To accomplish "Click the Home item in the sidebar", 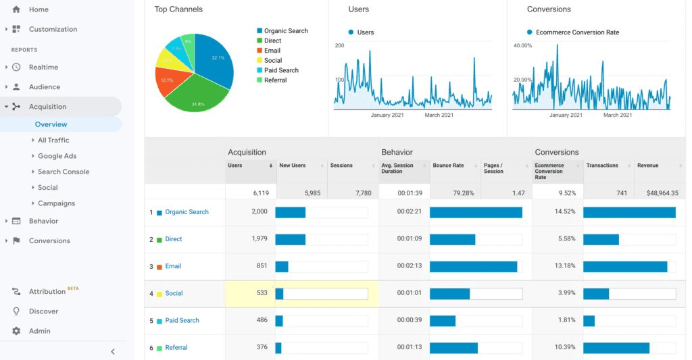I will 39,9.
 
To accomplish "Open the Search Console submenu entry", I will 64,172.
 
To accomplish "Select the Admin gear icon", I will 16,331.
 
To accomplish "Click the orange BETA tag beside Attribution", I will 73,288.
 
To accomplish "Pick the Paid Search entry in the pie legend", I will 281,70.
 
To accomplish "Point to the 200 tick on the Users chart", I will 339,45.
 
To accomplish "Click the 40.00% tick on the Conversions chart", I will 522,45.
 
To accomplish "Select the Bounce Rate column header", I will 448,165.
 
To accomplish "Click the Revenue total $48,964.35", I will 662,192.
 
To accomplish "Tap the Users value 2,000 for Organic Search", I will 259,211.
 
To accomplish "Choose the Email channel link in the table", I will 173,266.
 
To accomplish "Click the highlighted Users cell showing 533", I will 250,293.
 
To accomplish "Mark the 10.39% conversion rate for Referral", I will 564,347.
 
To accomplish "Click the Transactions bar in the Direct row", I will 601,239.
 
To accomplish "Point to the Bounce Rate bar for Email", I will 473,266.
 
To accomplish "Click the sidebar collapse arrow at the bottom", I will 113,351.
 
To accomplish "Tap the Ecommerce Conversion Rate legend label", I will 577,32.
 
